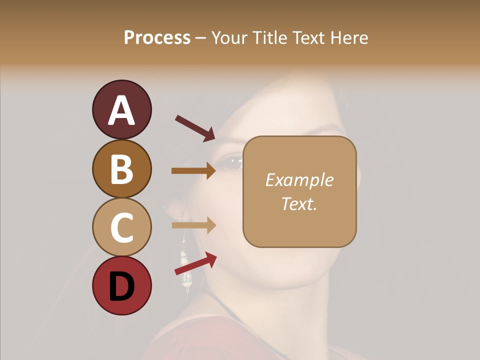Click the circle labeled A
[x=121, y=109]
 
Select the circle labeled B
[x=121, y=168]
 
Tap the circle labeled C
[x=121, y=227]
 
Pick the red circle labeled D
[x=121, y=285]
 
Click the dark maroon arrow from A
[x=195, y=128]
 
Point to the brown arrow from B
[x=193, y=171]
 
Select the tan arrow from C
[x=193, y=225]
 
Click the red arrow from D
[x=195, y=264]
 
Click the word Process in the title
[x=157, y=38]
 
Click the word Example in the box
[x=299, y=180]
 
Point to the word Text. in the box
[x=299, y=203]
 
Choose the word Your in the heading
[x=228, y=38]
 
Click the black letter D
[x=121, y=286]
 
